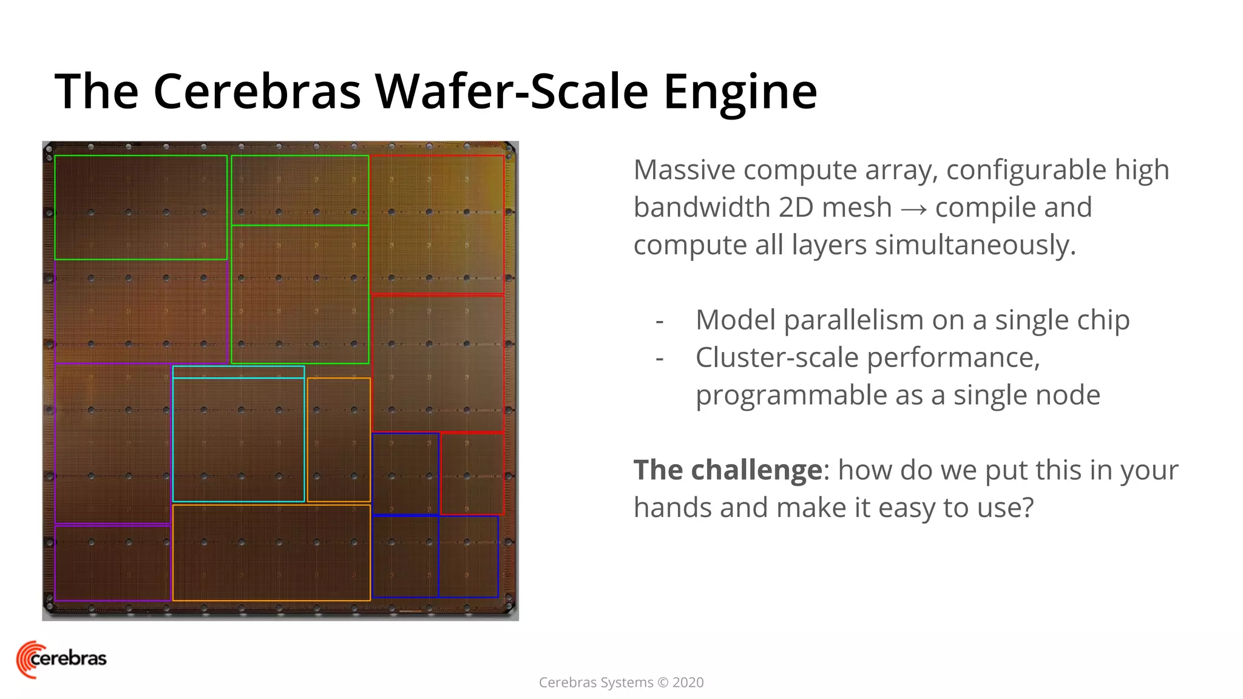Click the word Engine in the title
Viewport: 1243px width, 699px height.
pyautogui.click(x=740, y=92)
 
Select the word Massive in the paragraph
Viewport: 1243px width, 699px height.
pyautogui.click(x=684, y=170)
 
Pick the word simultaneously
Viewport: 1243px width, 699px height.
pyautogui.click(x=975, y=246)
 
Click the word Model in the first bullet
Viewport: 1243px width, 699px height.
pyautogui.click(x=735, y=320)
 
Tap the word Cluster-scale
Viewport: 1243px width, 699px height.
pyautogui.click(x=777, y=357)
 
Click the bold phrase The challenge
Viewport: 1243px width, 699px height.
pyautogui.click(x=728, y=470)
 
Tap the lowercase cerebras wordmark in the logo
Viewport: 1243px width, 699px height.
pyautogui.click(x=69, y=658)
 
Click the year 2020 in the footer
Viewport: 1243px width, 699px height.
pyautogui.click(x=688, y=683)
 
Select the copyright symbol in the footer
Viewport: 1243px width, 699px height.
pyautogui.click(x=663, y=683)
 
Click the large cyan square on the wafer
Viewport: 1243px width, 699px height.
pyautogui.click(x=239, y=440)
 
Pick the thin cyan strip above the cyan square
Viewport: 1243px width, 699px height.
pyautogui.click(x=239, y=372)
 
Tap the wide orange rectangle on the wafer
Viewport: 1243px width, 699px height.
pyautogui.click(x=271, y=553)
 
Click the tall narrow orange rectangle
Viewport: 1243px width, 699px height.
pyautogui.click(x=339, y=440)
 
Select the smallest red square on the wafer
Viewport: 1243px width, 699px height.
pyautogui.click(x=472, y=474)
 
